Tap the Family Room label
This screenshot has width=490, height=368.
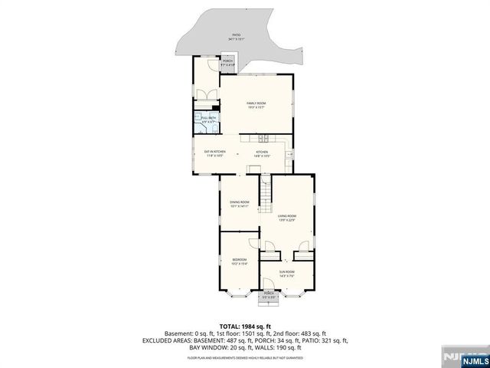click(256, 105)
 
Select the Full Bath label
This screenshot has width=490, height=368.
click(208, 120)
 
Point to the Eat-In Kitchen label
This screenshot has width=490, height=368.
click(214, 153)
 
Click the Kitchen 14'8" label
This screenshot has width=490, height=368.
click(263, 153)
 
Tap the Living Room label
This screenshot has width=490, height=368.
click(287, 218)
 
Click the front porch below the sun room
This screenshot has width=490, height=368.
click(269, 295)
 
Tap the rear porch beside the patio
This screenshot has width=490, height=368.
click(228, 64)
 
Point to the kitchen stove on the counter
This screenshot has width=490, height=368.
click(262, 139)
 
